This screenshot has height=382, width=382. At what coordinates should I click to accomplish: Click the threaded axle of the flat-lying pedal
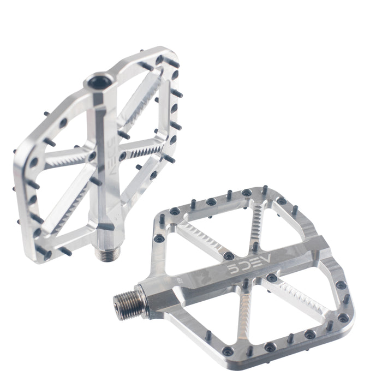pyautogui.click(x=129, y=299)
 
